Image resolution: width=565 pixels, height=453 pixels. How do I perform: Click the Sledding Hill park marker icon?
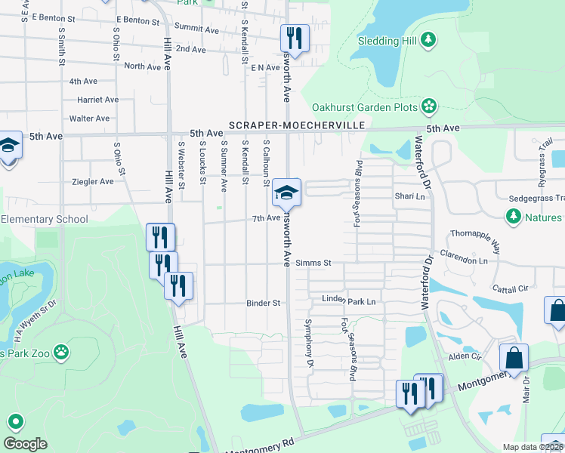[429, 39]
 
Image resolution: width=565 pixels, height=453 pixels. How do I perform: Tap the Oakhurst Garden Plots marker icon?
[429, 106]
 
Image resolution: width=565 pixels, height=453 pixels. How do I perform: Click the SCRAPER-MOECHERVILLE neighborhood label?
[297, 125]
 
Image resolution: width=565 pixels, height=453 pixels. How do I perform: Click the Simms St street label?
[313, 263]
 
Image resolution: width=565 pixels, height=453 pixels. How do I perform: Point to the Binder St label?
[263, 304]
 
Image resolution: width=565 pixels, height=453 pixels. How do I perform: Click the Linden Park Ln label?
[349, 301]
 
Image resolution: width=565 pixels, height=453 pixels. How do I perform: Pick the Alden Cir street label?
[465, 356]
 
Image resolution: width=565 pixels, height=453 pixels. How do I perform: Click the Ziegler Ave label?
[92, 181]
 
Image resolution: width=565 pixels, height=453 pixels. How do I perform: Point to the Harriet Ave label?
[97, 100]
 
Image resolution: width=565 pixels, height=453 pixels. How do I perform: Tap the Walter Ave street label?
[89, 119]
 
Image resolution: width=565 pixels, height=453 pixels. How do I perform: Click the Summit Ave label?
[196, 28]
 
